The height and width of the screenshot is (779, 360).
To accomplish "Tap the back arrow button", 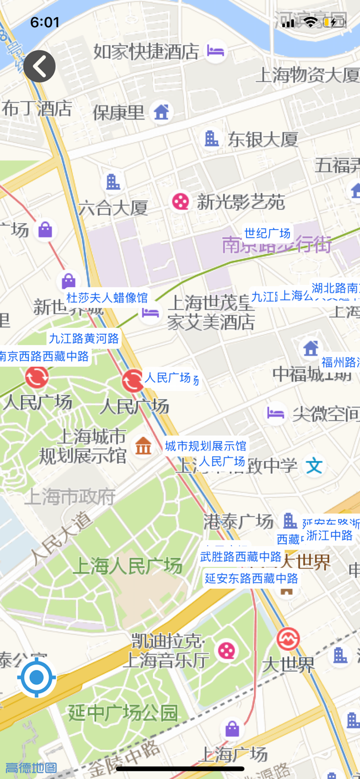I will tap(39, 66).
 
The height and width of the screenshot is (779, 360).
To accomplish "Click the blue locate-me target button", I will tap(36, 677).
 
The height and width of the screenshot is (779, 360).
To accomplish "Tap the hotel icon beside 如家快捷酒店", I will tap(215, 51).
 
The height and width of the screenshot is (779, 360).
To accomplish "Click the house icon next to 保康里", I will tap(161, 112).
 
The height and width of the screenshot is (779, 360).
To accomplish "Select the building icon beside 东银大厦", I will tap(211, 138).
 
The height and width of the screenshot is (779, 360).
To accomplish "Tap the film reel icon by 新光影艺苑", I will tap(180, 201).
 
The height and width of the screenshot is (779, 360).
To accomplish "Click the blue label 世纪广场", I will tap(267, 233).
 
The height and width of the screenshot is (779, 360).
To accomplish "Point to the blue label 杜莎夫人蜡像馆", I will tap(107, 298).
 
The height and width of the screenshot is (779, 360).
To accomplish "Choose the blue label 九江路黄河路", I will tap(84, 338).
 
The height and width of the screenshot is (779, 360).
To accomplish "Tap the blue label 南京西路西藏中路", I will tap(44, 356).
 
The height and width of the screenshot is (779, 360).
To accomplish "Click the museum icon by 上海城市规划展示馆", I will tap(143, 445).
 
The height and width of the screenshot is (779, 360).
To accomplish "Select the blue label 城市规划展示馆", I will tap(205, 445).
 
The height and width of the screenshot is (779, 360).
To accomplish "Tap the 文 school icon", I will tap(314, 465).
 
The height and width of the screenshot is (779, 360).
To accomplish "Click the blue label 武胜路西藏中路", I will tap(240, 556).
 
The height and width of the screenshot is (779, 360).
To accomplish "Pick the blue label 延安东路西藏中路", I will tap(251, 578).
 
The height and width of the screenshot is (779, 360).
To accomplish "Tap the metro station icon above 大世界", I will tap(288, 639).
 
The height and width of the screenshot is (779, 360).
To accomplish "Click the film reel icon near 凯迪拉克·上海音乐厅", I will tap(226, 650).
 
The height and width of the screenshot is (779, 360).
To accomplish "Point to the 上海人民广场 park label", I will tap(127, 566).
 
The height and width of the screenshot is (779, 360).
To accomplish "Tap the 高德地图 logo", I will tap(31, 767).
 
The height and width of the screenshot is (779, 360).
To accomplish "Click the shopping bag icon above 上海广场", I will tap(232, 728).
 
